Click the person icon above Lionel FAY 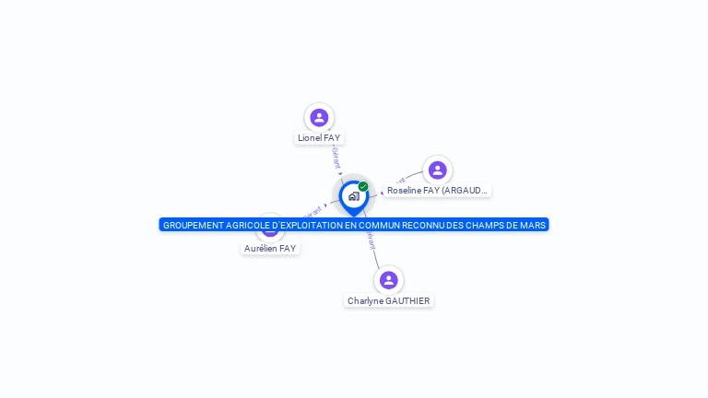coord(319,117)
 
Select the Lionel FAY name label coord(319,138)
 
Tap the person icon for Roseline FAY coord(437,170)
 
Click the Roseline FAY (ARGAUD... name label coord(437,191)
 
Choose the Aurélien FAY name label coord(270,249)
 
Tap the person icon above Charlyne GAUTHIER coord(388,280)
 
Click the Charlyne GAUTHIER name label coord(388,301)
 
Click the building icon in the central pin coord(353,196)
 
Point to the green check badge coord(363,186)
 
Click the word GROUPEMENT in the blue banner coord(189,225)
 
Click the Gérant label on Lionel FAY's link coord(336,158)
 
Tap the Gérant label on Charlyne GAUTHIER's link coord(371,240)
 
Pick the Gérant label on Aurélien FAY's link coord(312,211)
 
